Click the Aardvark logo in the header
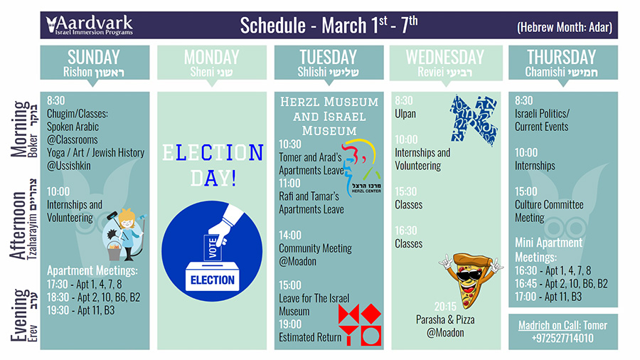(x=90, y=26)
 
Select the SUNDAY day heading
(x=94, y=57)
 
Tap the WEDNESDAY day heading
(x=445, y=57)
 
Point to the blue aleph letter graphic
(x=474, y=120)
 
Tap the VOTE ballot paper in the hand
(x=212, y=248)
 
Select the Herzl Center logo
(x=362, y=168)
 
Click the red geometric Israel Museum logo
(x=360, y=324)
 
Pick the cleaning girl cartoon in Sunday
(x=124, y=235)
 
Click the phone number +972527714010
(x=562, y=338)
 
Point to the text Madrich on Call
(x=550, y=325)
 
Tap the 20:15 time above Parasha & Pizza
(x=445, y=307)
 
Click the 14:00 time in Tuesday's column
(x=290, y=235)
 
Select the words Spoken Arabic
(x=73, y=127)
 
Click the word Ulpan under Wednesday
(x=405, y=114)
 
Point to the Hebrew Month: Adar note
(x=565, y=27)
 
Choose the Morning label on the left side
(x=20, y=129)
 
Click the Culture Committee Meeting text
(x=549, y=211)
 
